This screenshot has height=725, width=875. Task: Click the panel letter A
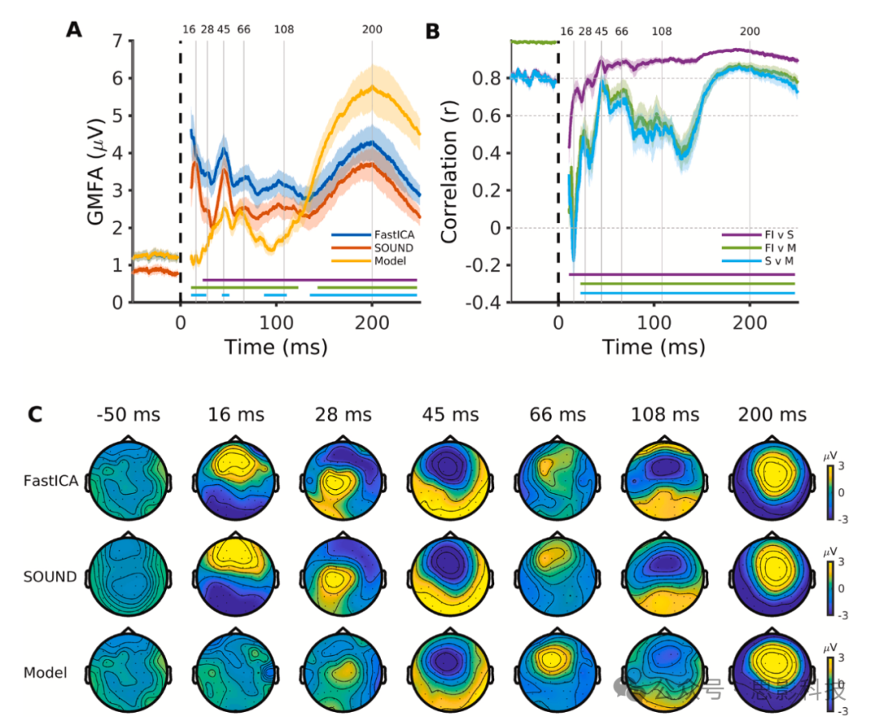click(75, 30)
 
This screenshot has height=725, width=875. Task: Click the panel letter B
click(433, 32)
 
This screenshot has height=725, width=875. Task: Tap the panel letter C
click(36, 414)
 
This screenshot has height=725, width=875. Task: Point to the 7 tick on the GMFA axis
click(117, 41)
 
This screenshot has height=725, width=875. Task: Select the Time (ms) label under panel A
click(275, 347)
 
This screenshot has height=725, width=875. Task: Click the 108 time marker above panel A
click(284, 30)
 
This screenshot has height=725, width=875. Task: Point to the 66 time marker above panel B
click(621, 32)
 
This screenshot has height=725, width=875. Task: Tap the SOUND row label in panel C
click(50, 577)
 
